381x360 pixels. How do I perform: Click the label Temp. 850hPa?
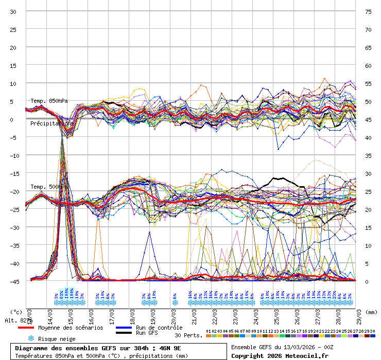49,101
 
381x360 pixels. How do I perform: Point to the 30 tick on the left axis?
13,11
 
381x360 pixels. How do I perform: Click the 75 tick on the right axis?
368,11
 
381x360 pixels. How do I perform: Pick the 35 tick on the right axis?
368,155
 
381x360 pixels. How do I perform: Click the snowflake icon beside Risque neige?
31,339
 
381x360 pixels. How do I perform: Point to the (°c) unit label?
16,312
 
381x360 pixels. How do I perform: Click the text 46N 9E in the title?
169,348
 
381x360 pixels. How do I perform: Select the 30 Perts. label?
188,335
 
